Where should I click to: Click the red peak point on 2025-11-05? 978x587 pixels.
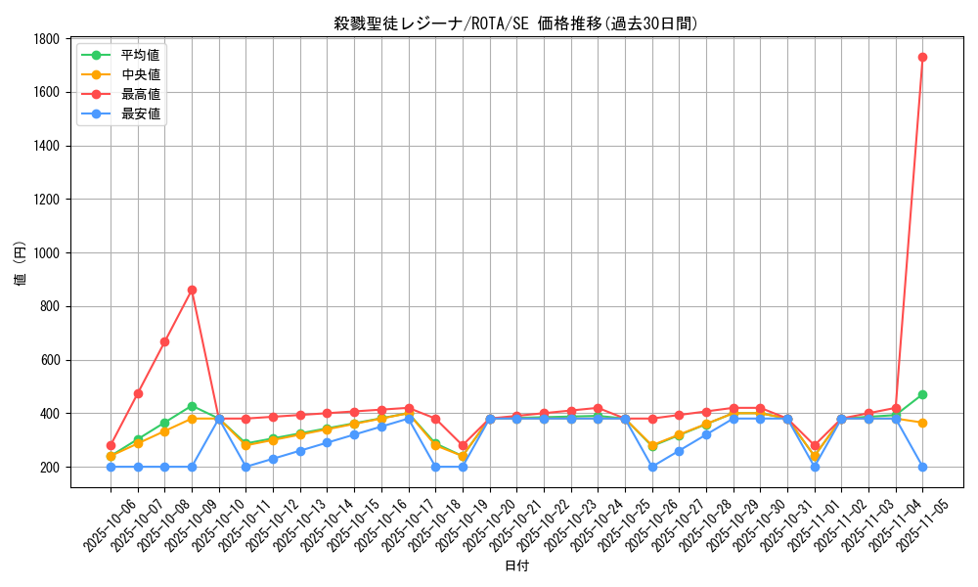922,57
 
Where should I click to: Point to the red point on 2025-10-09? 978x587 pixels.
192,290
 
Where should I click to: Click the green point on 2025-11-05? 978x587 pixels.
922,394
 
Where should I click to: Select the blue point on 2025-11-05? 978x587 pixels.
922,467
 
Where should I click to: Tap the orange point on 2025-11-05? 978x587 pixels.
922,423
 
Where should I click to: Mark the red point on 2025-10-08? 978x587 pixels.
164,341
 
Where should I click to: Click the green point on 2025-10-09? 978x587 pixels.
192,406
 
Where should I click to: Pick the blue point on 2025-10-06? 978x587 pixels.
111,467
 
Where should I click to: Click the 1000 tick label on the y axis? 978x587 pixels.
45,253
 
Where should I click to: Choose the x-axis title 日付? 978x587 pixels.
516,566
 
